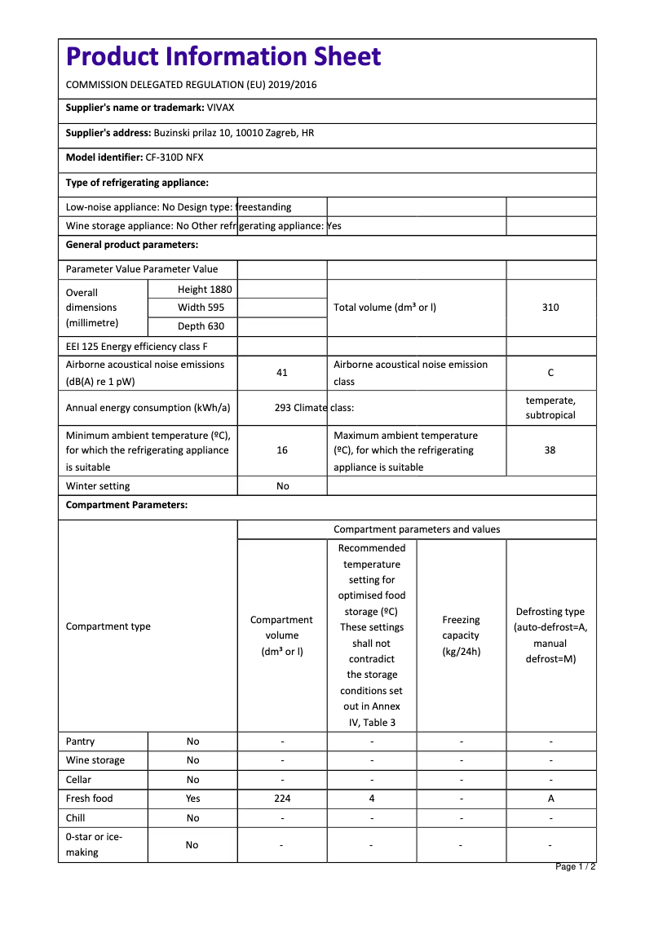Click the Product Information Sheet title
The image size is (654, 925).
pos(223,56)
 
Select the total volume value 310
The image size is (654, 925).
pos(550,308)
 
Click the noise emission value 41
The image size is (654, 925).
pos(282,373)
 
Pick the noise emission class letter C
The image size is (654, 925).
pos(550,373)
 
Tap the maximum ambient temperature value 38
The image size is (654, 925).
pos(550,450)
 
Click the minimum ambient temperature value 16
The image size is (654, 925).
pos(282,450)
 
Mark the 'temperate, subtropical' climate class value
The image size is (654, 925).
pos(550,408)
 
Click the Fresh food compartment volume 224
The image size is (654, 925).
pos(282,799)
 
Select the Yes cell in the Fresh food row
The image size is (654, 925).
pos(192,799)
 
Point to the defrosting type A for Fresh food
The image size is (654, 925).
pos(550,799)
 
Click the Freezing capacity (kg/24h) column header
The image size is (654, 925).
pos(462,635)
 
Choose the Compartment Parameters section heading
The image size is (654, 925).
pos(126,505)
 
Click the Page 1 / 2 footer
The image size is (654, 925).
pos(575,866)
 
